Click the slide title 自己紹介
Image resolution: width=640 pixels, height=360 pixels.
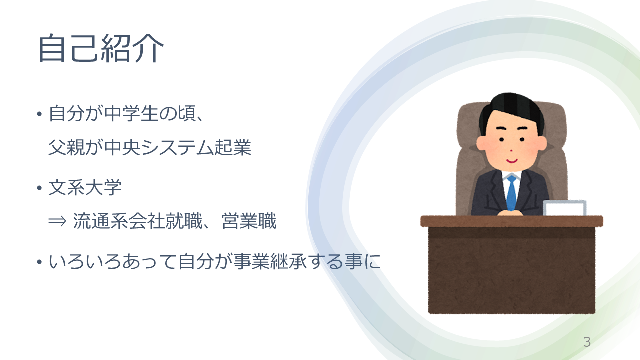[101, 48]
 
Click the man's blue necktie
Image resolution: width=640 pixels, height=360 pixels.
[511, 193]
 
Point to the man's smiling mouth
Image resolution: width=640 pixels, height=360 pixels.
[511, 161]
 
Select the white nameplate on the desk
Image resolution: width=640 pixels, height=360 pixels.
[564, 208]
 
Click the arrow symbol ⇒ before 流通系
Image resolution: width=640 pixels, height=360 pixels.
[57, 221]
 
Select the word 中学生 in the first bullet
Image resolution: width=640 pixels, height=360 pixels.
[131, 114]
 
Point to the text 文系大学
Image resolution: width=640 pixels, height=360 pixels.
[85, 187]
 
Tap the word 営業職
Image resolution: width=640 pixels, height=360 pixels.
[249, 221]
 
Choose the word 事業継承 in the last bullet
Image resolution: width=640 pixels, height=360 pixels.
[270, 261]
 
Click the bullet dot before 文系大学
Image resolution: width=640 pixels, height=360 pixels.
[39, 188]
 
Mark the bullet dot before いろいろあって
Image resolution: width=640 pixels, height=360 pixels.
[39, 262]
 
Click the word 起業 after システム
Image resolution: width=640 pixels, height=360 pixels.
[233, 148]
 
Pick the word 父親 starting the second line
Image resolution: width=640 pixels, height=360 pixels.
[67, 148]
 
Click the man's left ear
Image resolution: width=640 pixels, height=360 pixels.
[541, 143]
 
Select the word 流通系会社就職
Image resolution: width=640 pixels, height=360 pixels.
[137, 221]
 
